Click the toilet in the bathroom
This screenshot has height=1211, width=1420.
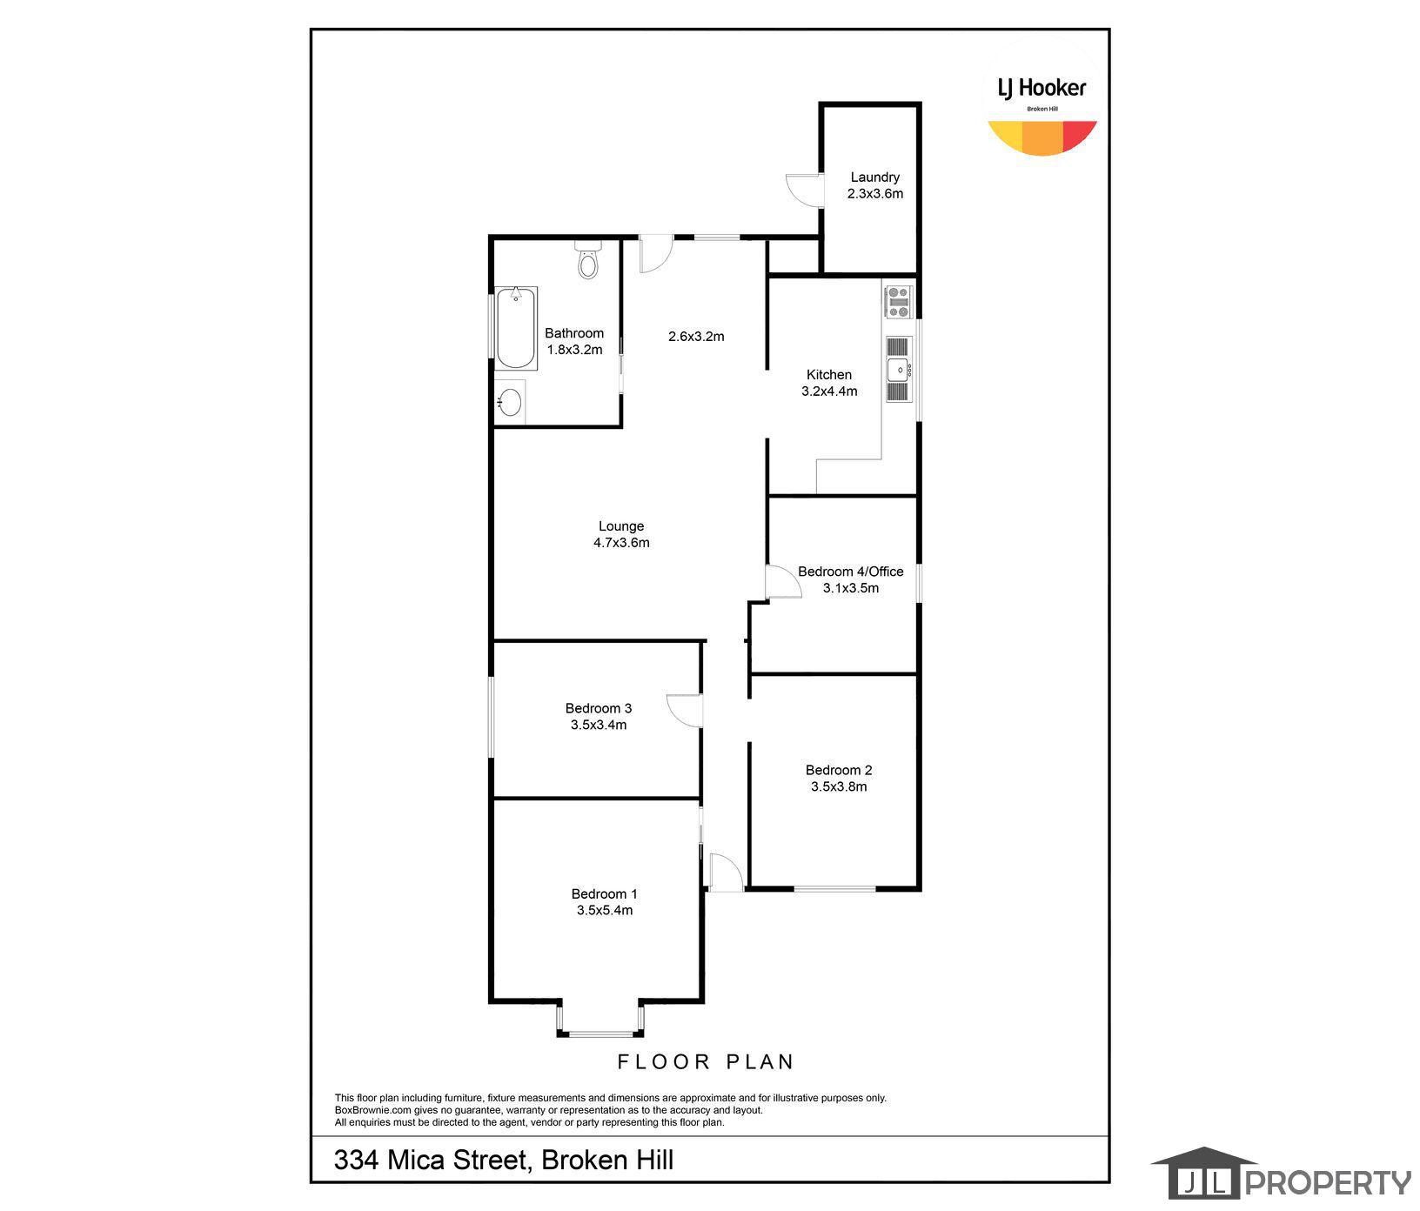588,258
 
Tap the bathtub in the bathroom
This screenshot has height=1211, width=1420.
516,328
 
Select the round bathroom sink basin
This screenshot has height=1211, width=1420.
510,402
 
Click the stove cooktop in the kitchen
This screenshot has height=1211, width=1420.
897,302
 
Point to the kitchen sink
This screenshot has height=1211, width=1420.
898,370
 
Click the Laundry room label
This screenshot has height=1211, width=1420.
875,177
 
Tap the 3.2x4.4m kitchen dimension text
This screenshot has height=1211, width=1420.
829,391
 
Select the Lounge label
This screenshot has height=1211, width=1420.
621,526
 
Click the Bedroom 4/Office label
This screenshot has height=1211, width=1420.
851,572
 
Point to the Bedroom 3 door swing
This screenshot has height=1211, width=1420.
684,710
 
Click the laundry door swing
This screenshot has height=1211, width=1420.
804,190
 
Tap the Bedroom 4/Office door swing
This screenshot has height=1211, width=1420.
783,581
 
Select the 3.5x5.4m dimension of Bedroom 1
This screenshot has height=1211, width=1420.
605,911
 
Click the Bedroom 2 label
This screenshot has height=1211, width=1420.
839,770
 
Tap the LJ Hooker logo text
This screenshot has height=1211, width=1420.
1042,88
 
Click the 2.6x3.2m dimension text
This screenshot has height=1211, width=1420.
696,337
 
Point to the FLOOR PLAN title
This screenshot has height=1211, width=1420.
706,1061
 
